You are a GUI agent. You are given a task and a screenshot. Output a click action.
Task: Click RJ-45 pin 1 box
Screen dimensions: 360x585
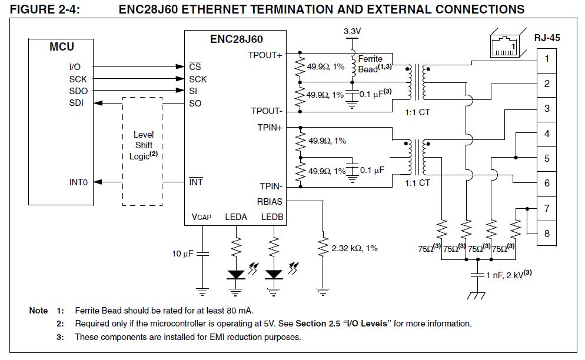tap(547, 59)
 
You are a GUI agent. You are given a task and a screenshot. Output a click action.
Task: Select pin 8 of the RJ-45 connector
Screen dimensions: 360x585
tap(547, 234)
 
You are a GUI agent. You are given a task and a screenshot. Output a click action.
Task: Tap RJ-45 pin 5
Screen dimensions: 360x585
tap(547, 159)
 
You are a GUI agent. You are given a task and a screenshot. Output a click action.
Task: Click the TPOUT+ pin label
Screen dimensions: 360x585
tap(266, 55)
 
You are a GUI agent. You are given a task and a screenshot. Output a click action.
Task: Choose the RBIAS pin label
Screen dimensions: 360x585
tap(270, 201)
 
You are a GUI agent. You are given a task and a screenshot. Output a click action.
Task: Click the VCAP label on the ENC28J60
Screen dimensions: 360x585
tap(201, 217)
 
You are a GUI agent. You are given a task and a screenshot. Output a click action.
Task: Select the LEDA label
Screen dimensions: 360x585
tap(236, 217)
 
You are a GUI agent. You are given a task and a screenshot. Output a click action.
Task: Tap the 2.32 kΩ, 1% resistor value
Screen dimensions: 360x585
tap(354, 248)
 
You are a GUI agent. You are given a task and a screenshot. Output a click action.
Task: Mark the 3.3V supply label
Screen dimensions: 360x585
tap(352, 30)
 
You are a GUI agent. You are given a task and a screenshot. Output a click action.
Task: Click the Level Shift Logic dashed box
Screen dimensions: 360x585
tap(142, 151)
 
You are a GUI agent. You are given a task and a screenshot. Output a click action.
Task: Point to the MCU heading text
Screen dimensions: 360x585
tap(61, 47)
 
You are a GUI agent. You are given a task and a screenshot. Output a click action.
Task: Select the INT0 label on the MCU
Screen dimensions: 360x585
tap(78, 182)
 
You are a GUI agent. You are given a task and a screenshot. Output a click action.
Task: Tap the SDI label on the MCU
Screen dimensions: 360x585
tap(77, 104)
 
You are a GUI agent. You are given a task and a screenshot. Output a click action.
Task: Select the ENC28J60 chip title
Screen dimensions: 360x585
tap(236, 39)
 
